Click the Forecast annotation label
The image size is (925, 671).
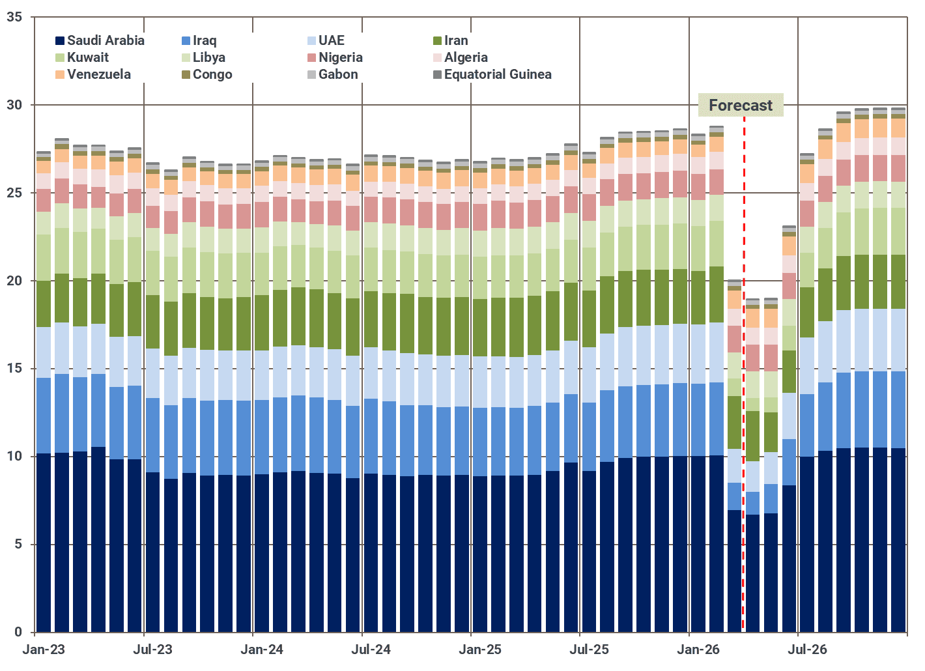pos(741,105)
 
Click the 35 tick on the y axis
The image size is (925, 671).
pos(14,17)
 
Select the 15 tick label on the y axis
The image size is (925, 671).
pos(14,369)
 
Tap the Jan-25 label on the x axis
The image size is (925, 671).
pos(480,650)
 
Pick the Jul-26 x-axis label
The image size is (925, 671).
pos(807,650)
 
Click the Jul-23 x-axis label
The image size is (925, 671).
pos(152,650)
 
